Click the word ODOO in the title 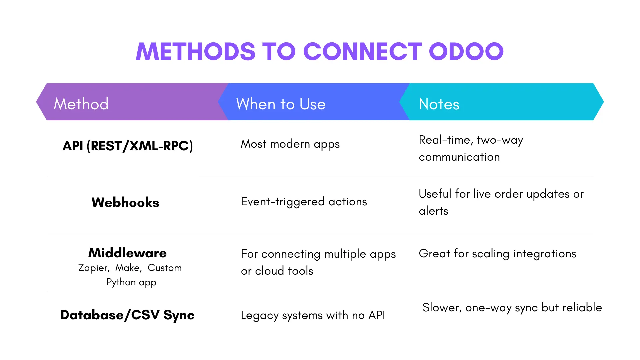click(466, 52)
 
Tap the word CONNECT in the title click(363, 52)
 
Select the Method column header click(81, 104)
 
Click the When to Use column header click(281, 104)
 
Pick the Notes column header click(439, 104)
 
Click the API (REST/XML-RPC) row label click(128, 146)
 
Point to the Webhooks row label click(125, 202)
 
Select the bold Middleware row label click(127, 253)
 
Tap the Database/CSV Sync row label click(127, 315)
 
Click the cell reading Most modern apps click(290, 144)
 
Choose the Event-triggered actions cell click(304, 202)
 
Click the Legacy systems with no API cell click(313, 315)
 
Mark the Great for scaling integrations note click(497, 254)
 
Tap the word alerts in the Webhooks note click(433, 211)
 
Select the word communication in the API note click(459, 157)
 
